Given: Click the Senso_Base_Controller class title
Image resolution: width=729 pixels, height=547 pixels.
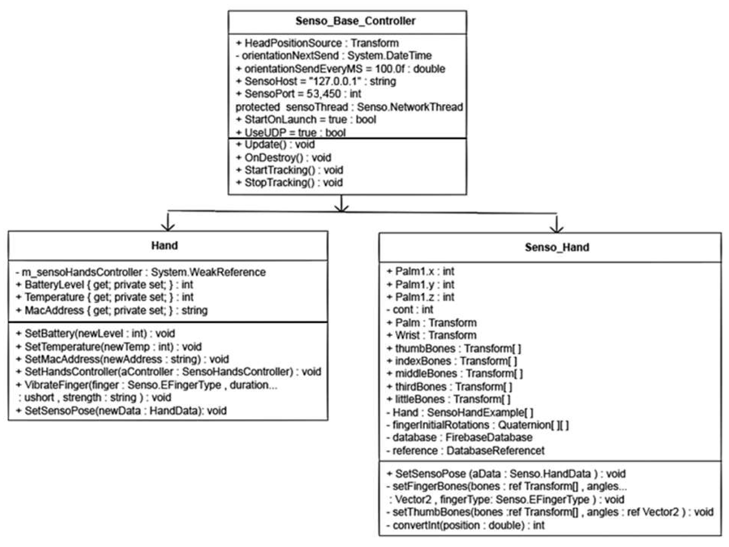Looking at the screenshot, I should (355, 21).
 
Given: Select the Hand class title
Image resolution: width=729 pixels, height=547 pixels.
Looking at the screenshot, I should (164, 245).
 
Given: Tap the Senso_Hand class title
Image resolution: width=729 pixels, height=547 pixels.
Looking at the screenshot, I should (557, 247).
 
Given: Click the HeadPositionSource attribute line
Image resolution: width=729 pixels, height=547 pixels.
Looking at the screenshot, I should (317, 43).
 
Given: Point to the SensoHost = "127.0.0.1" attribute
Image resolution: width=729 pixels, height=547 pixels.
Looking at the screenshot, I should (316, 81).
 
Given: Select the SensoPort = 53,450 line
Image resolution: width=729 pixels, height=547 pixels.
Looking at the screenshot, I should (299, 94).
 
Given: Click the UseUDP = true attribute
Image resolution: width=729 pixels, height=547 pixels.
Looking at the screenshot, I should (291, 132).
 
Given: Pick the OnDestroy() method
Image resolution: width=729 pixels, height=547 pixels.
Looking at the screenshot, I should (284, 157).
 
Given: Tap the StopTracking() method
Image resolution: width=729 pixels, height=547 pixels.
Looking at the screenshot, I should (290, 183).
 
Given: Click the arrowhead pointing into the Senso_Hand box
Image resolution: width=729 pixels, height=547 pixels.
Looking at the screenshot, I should (557, 229).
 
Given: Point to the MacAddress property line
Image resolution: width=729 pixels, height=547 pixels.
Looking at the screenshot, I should (112, 310).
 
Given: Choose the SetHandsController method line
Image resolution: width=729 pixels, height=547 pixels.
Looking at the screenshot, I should (168, 371).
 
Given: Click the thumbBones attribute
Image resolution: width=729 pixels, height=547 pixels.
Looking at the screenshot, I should (454, 348).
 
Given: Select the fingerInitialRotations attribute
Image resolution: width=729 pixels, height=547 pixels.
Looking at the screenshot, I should (477, 425).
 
